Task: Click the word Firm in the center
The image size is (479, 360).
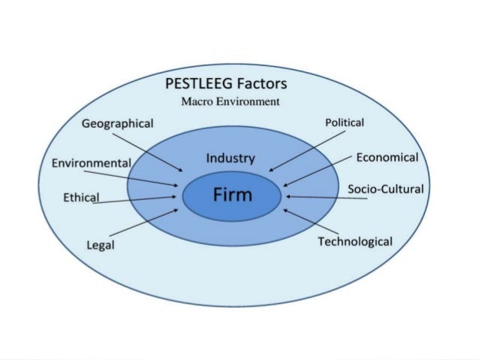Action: pyautogui.click(x=232, y=195)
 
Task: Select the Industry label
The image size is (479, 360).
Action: pyautogui.click(x=230, y=159)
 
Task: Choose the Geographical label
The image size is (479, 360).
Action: pyautogui.click(x=118, y=123)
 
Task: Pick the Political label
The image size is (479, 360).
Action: pyautogui.click(x=345, y=122)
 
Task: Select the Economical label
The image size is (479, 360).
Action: pyautogui.click(x=387, y=157)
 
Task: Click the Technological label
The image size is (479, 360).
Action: pyautogui.click(x=355, y=241)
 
